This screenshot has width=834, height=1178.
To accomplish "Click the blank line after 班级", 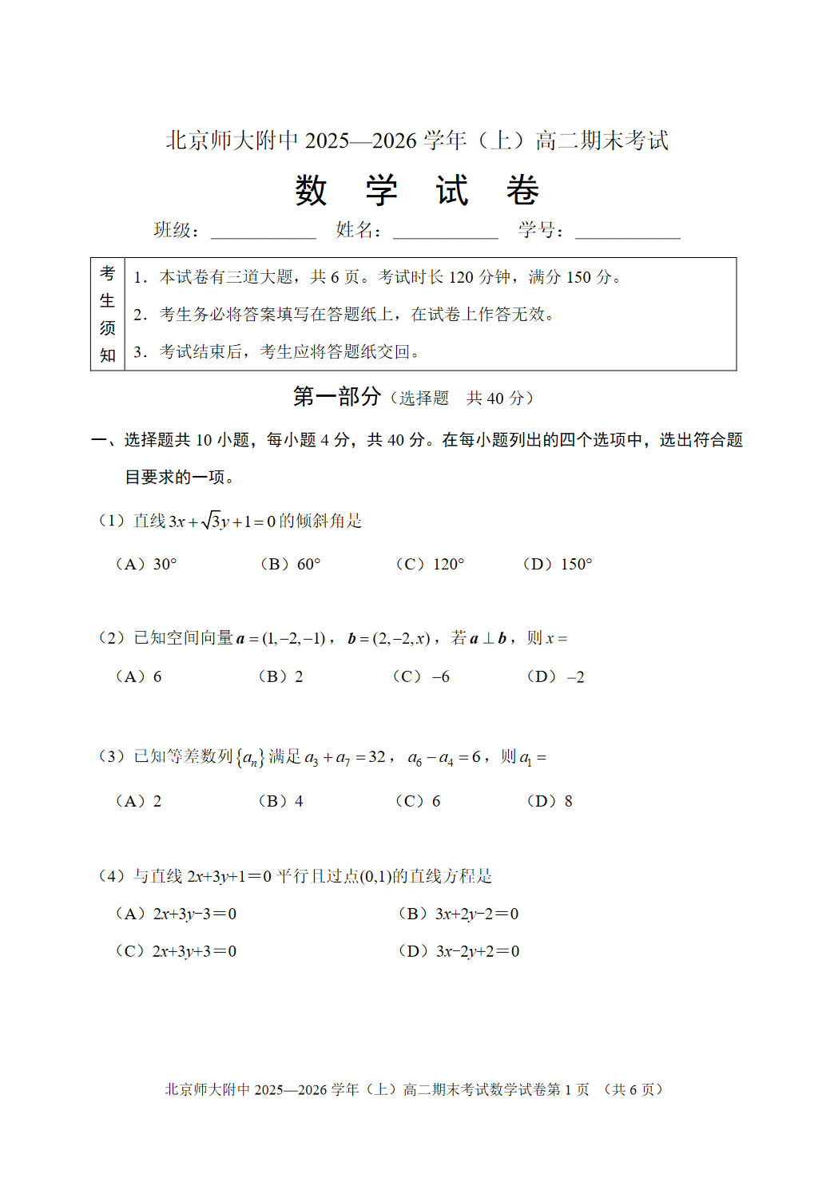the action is pyautogui.click(x=263, y=232).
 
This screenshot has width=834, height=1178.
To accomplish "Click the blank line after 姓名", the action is pyautogui.click(x=445, y=232).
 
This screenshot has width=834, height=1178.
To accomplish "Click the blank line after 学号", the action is pyautogui.click(x=627, y=232).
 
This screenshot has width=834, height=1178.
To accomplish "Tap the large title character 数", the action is pyautogui.click(x=311, y=191).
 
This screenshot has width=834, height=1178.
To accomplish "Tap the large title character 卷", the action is pyautogui.click(x=522, y=191).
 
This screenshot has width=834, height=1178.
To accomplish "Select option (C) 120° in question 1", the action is pyautogui.click(x=430, y=565).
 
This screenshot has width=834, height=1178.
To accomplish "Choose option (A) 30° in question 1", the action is pyautogui.click(x=146, y=565).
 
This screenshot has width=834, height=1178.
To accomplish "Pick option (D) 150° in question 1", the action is pyautogui.click(x=558, y=565).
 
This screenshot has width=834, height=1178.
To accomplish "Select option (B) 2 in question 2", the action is pyautogui.click(x=280, y=677).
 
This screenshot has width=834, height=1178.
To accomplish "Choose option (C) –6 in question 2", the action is pyautogui.click(x=421, y=677).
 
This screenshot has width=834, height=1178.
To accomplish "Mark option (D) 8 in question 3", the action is pyautogui.click(x=550, y=801).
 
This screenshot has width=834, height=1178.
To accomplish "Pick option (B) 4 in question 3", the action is pyautogui.click(x=280, y=801).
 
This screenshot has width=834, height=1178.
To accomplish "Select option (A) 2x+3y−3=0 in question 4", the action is pyautogui.click(x=176, y=914).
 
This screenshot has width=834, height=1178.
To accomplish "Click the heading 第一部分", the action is pyautogui.click(x=336, y=397).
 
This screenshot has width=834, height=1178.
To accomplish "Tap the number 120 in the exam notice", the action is pyautogui.click(x=461, y=277).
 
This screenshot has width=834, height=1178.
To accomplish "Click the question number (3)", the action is pyautogui.click(x=111, y=756).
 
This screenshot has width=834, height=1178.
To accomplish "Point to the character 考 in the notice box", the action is pyautogui.click(x=108, y=274).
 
